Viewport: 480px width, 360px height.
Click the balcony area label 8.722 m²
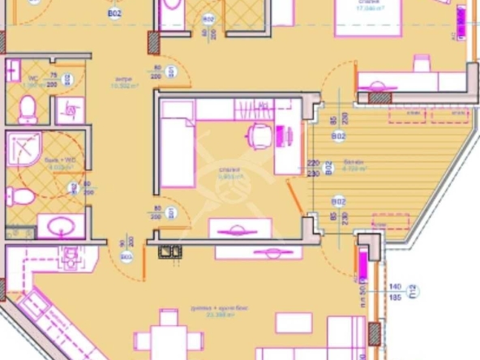pos(354,169)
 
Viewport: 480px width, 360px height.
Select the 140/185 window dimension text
pos(396,293)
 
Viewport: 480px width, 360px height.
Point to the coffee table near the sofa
pos(294,322)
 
